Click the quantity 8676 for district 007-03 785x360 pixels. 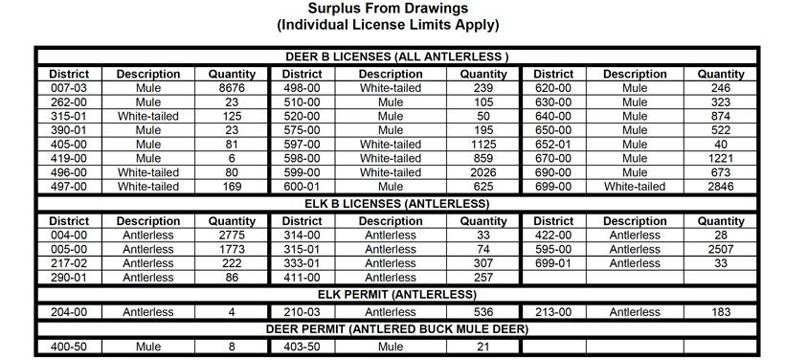pos(232,88)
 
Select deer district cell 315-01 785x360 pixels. pos(69,116)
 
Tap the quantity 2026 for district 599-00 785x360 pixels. pos(483,172)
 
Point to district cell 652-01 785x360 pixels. pos(553,145)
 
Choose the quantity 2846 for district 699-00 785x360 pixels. pos(721,187)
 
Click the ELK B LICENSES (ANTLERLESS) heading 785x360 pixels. pos(395,204)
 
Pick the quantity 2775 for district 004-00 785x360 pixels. pos(232,236)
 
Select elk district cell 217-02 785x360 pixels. pos(69,263)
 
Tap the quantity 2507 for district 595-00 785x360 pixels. pos(721,249)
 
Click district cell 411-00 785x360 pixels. pos(303,278)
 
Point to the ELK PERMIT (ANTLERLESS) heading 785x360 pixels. pos(395,294)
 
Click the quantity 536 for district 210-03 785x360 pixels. pos(483,312)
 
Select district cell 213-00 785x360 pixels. pos(553,312)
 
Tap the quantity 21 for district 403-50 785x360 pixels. pos(483,347)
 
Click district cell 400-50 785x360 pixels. pos(69,347)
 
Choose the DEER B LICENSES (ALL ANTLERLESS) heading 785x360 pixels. pos(395,56)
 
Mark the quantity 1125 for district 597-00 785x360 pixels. pos(483,145)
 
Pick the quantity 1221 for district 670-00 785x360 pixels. pos(721,159)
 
